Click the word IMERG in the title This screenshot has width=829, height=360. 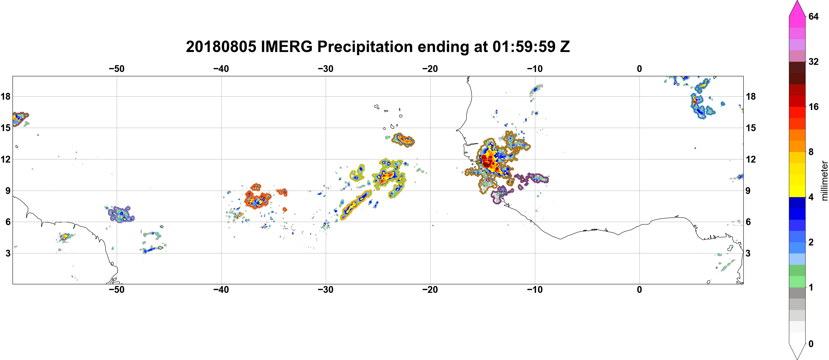tap(287, 47)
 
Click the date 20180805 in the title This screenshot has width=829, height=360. tap(221, 47)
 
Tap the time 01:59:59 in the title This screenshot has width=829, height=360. tap(524, 47)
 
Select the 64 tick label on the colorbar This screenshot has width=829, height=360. tap(814, 16)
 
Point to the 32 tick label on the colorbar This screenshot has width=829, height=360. tap(814, 61)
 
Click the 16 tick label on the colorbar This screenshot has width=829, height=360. tap(814, 107)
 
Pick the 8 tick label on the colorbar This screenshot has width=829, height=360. tap(811, 152)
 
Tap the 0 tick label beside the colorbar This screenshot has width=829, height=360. tap(811, 344)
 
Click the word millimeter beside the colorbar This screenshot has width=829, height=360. tap(824, 181)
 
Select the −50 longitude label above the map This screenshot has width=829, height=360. tap(116, 69)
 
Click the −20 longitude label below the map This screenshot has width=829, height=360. tap(430, 289)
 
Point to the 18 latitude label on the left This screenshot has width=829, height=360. tap(5, 96)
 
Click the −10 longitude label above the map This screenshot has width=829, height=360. tap(535, 69)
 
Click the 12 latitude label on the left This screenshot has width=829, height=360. tap(5, 159)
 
